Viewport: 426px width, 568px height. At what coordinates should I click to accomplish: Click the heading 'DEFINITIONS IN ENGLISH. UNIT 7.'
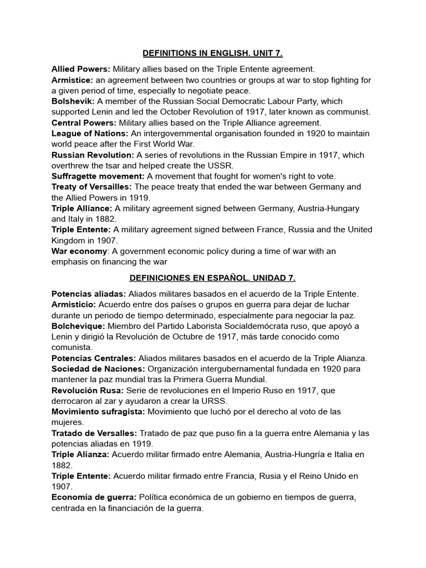click(212, 53)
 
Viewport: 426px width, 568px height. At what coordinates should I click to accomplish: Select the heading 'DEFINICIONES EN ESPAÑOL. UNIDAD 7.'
click(212, 277)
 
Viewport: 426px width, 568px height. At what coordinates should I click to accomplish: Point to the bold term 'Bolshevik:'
click(73, 101)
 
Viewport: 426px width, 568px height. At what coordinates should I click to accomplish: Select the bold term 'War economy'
click(79, 251)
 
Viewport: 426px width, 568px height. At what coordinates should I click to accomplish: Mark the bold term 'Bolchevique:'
click(78, 326)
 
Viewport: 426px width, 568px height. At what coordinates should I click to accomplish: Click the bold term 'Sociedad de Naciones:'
click(98, 368)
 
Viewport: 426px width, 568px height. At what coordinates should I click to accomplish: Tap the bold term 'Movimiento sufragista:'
click(98, 411)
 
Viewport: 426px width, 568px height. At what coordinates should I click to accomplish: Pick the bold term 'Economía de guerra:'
click(94, 497)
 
